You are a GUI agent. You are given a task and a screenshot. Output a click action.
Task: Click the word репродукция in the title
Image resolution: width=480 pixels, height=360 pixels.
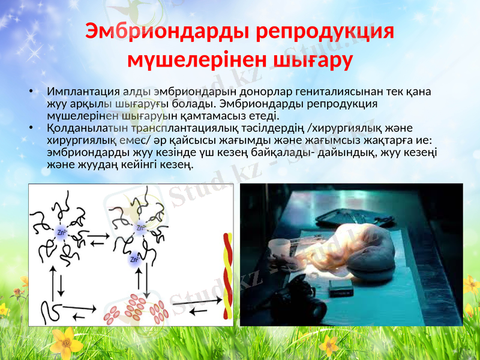pyautogui.click(x=324, y=32)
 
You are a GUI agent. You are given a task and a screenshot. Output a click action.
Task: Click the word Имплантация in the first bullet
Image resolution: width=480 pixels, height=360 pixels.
pyautogui.click(x=83, y=92)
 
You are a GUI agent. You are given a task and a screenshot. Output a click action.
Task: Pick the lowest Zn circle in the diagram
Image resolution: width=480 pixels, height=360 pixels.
pyautogui.click(x=134, y=260)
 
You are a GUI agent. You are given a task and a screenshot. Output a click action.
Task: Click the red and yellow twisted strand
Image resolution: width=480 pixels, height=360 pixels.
pyautogui.click(x=227, y=276)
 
